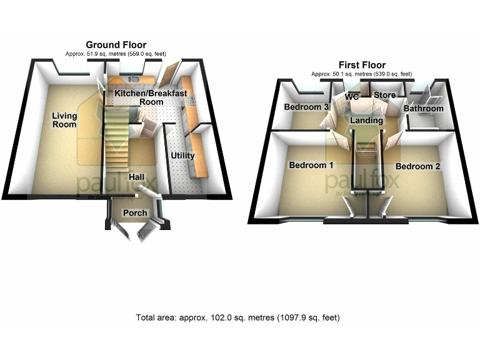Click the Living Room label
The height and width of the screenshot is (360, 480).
pos(64,119)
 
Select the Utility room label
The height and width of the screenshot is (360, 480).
pos(183,155)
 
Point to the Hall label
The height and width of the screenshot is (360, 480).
pos(137,177)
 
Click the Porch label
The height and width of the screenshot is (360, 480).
pos(135,212)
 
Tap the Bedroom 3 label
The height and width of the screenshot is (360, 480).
pos(306,107)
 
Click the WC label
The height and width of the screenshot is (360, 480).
pos(352,97)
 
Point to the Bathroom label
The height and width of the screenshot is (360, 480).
pos(423,109)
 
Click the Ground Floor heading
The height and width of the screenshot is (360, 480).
pos(116,45)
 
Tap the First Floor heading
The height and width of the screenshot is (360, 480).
pos(362,65)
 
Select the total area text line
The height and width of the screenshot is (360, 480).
pos(238,317)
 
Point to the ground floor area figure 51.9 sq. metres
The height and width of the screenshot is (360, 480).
pos(116,54)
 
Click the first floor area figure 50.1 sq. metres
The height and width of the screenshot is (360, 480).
pos(362,74)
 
